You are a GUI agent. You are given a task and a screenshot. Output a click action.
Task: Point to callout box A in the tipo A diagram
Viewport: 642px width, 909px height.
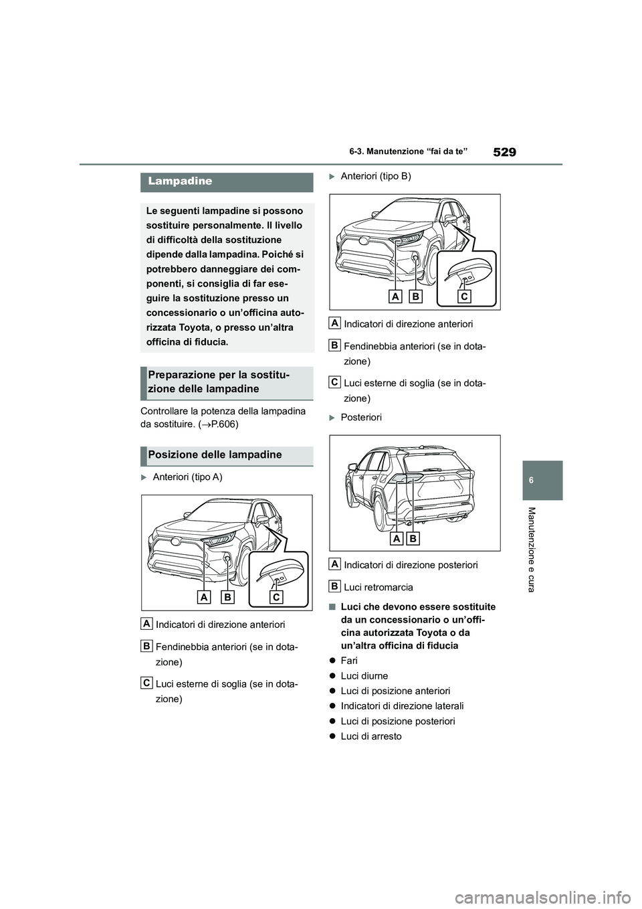205,596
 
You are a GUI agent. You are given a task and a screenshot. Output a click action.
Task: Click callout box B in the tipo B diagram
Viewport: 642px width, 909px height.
415,295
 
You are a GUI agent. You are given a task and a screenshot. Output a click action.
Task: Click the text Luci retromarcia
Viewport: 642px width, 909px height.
378,587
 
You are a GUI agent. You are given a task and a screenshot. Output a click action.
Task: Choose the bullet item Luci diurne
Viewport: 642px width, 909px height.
364,675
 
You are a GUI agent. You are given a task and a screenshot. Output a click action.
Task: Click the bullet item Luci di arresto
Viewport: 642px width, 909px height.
371,736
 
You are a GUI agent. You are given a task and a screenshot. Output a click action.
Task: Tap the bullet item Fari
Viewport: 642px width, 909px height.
349,660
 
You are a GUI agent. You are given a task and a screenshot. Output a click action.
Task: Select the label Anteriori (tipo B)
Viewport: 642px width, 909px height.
376,176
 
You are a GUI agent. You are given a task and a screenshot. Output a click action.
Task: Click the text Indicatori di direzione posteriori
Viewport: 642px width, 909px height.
411,564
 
